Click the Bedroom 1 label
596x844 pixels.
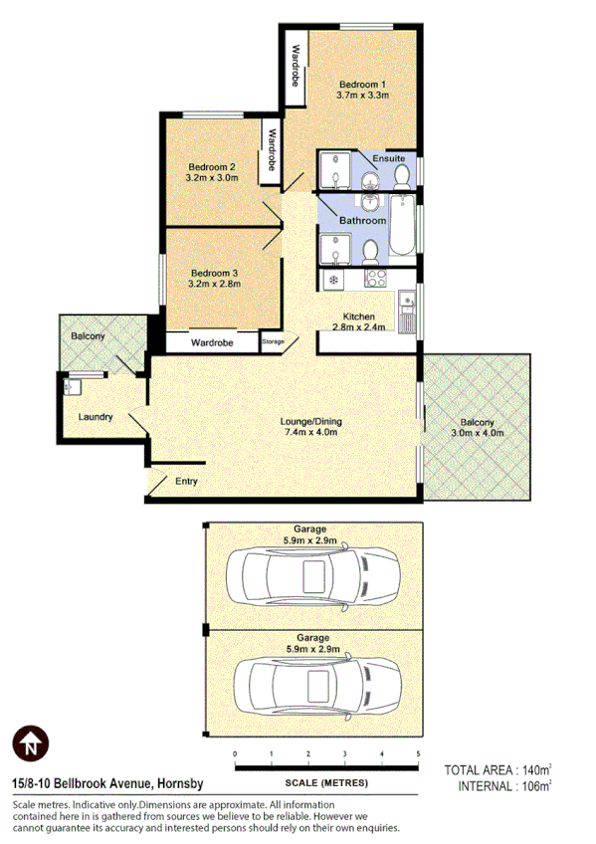362,84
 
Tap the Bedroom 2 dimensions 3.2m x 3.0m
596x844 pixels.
211,178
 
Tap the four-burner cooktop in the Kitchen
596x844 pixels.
375,278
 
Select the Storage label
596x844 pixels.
273,342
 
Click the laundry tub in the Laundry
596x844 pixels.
73,385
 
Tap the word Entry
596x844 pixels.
186,482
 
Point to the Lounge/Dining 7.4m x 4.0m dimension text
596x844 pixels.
311,433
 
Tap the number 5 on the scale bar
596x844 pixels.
418,753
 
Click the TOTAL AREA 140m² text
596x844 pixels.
497,770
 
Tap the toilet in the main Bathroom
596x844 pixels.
368,250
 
